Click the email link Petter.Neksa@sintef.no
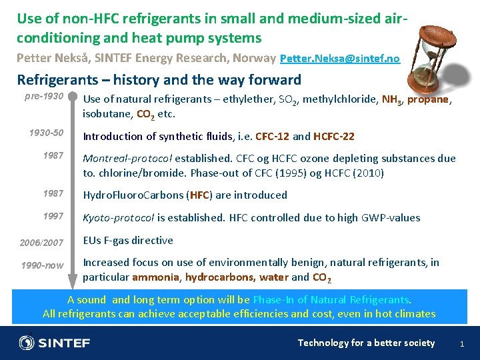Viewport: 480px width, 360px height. coord(340,59)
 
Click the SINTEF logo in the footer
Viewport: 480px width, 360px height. coord(55,343)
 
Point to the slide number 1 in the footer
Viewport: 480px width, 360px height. coord(462,343)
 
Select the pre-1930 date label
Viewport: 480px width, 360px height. coord(44,97)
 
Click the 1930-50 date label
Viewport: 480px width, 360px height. coord(46,133)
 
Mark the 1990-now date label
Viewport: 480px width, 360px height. coord(43,265)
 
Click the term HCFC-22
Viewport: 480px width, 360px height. coord(333,136)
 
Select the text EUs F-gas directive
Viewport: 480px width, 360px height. coord(127,240)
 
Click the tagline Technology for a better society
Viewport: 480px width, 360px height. coord(366,343)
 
